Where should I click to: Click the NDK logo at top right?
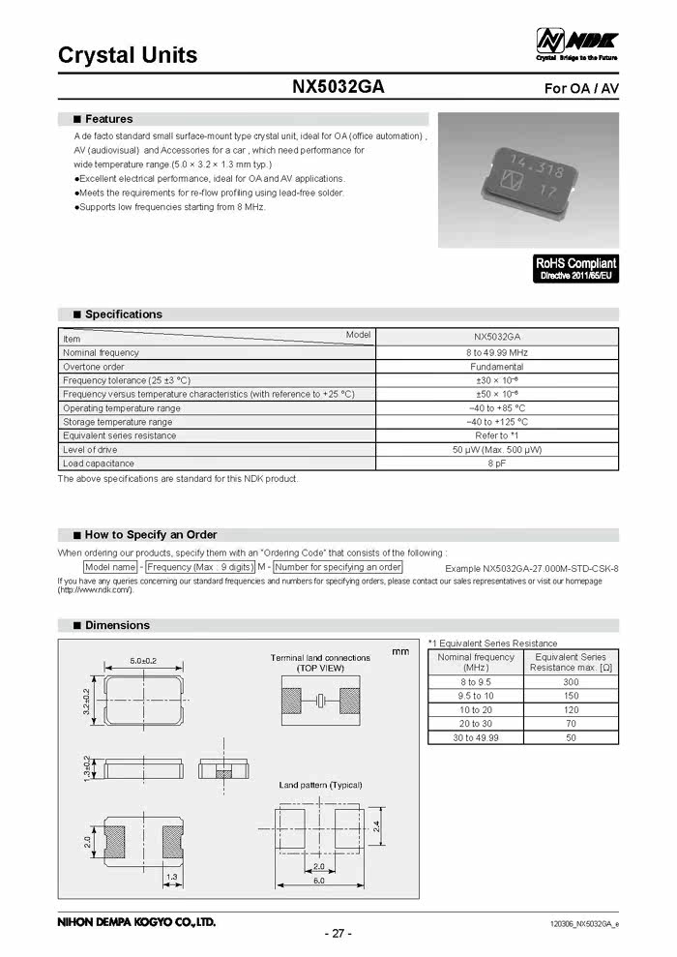[x=576, y=43]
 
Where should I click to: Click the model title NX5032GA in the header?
[x=338, y=87]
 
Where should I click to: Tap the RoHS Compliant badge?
[x=575, y=268]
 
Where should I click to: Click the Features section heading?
[x=108, y=119]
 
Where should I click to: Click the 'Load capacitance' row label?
[x=99, y=464]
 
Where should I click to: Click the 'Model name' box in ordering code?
[x=110, y=567]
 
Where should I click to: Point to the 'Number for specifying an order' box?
[x=338, y=567]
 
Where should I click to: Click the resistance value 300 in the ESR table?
[x=571, y=682]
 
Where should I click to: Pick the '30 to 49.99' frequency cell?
[x=476, y=737]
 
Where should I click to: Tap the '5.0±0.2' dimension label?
[x=143, y=661]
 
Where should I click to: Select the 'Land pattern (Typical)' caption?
[x=320, y=785]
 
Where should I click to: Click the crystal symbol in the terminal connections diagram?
[x=319, y=701]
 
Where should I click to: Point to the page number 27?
[x=338, y=933]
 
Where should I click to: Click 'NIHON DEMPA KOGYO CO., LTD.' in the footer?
[x=137, y=922]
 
